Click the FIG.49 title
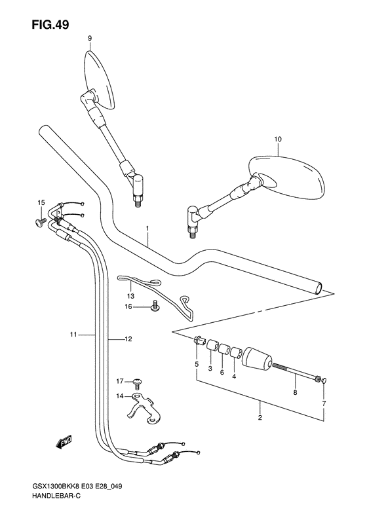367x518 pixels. [50, 25]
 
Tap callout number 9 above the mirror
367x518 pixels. [90, 39]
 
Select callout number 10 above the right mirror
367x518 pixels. [278, 139]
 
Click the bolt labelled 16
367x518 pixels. [155, 306]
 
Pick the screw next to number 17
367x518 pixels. [138, 383]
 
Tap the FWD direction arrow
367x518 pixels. [64, 441]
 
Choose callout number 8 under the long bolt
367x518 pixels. [296, 392]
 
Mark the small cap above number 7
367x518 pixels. [324, 380]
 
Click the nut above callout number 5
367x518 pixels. [199, 340]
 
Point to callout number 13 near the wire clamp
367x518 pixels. [130, 296]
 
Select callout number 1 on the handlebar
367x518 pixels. [147, 229]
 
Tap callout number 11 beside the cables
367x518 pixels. [73, 335]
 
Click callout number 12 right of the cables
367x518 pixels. [128, 339]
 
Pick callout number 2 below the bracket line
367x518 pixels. [260, 418]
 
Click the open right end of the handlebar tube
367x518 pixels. [319, 287]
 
